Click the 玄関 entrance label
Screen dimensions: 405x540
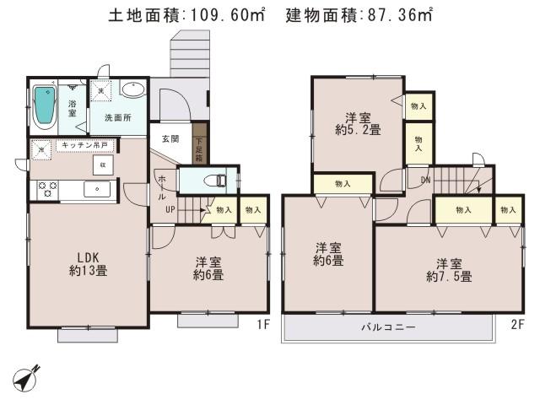(x=170, y=138)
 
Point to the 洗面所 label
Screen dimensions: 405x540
(x=118, y=118)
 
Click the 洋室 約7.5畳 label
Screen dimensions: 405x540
(x=447, y=269)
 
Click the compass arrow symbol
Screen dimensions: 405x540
(x=29, y=377)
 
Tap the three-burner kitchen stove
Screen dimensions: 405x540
(x=46, y=189)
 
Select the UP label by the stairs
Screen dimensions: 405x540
(x=169, y=209)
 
